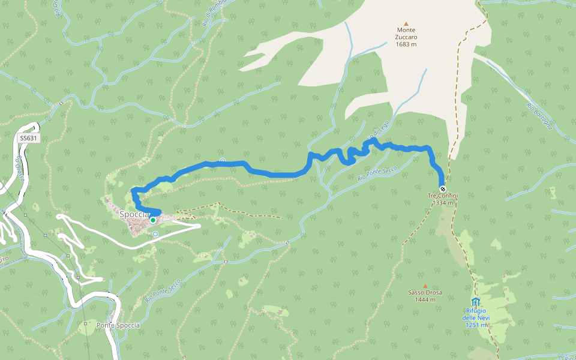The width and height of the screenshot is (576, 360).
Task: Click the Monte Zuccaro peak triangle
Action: pos(406,23)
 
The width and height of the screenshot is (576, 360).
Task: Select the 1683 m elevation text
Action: pos(406,44)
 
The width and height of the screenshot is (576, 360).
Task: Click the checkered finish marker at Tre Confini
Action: pos(443,188)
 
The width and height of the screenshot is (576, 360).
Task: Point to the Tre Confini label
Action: pos(443,196)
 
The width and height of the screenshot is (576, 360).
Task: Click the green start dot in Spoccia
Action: pos(153,220)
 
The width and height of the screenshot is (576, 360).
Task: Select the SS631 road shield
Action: pos(28,138)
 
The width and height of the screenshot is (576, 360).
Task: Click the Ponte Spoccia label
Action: pos(118,325)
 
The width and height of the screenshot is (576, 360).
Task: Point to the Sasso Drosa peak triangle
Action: pos(425,286)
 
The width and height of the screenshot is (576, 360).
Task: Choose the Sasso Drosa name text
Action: pos(425,293)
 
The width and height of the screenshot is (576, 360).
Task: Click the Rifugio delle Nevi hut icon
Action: pos(476,301)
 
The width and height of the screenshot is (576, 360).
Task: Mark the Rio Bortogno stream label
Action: pos(539,116)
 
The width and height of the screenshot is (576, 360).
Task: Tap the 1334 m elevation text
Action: pos(443,203)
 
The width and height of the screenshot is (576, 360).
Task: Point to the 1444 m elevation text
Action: pos(425,299)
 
